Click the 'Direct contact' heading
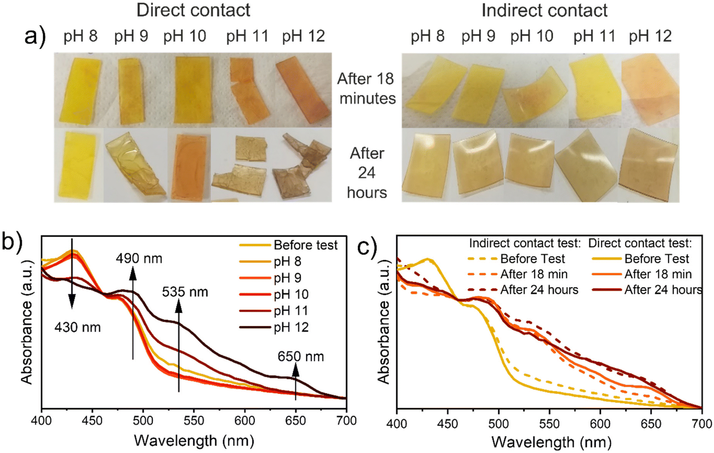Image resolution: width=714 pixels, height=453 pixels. point(193,10)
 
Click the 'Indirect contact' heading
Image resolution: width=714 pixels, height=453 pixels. point(544,10)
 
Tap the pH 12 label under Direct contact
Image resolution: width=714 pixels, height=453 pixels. point(303,36)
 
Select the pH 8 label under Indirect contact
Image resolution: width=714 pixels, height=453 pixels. point(427,36)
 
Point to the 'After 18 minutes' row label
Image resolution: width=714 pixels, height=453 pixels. point(367,88)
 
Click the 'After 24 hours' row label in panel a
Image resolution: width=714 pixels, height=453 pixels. point(367,173)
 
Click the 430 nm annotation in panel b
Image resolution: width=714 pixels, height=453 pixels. point(78,327)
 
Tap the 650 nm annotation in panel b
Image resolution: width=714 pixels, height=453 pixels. point(300,356)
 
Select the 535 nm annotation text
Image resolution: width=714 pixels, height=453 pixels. point(185,292)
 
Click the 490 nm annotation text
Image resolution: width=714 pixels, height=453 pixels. point(139,259)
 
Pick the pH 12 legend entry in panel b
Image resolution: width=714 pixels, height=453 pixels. point(291,327)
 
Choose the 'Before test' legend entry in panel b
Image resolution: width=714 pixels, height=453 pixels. point(305,245)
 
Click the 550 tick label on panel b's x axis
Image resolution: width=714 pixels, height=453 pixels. point(194,421)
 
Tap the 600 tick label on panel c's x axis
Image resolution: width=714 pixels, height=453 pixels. point(600,424)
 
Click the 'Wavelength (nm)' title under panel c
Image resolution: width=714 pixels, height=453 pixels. point(551,442)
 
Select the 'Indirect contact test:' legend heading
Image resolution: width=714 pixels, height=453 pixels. point(525,243)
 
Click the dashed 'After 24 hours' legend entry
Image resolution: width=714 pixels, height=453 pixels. point(539,290)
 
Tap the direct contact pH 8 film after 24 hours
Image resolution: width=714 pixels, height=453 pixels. point(78,165)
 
